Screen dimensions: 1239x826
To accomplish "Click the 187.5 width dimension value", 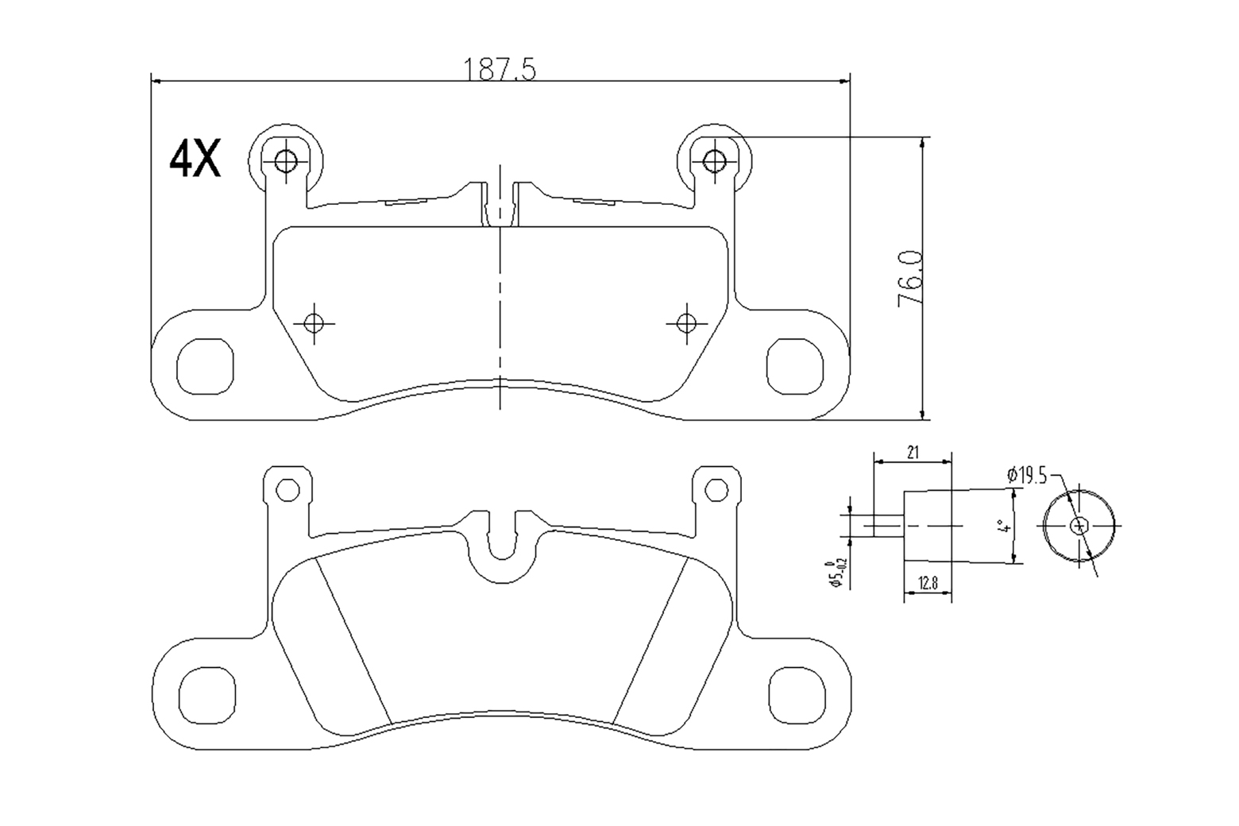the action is (500, 70).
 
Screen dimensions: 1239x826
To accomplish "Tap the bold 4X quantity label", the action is (195, 159).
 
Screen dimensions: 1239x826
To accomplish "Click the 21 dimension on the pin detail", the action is (913, 452).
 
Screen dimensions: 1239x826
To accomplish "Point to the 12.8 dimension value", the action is (928, 583).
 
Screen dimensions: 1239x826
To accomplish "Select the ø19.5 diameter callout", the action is (1027, 475).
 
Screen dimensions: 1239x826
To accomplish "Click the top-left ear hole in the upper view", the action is (285, 161).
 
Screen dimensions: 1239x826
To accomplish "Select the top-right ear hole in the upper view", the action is (714, 161).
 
